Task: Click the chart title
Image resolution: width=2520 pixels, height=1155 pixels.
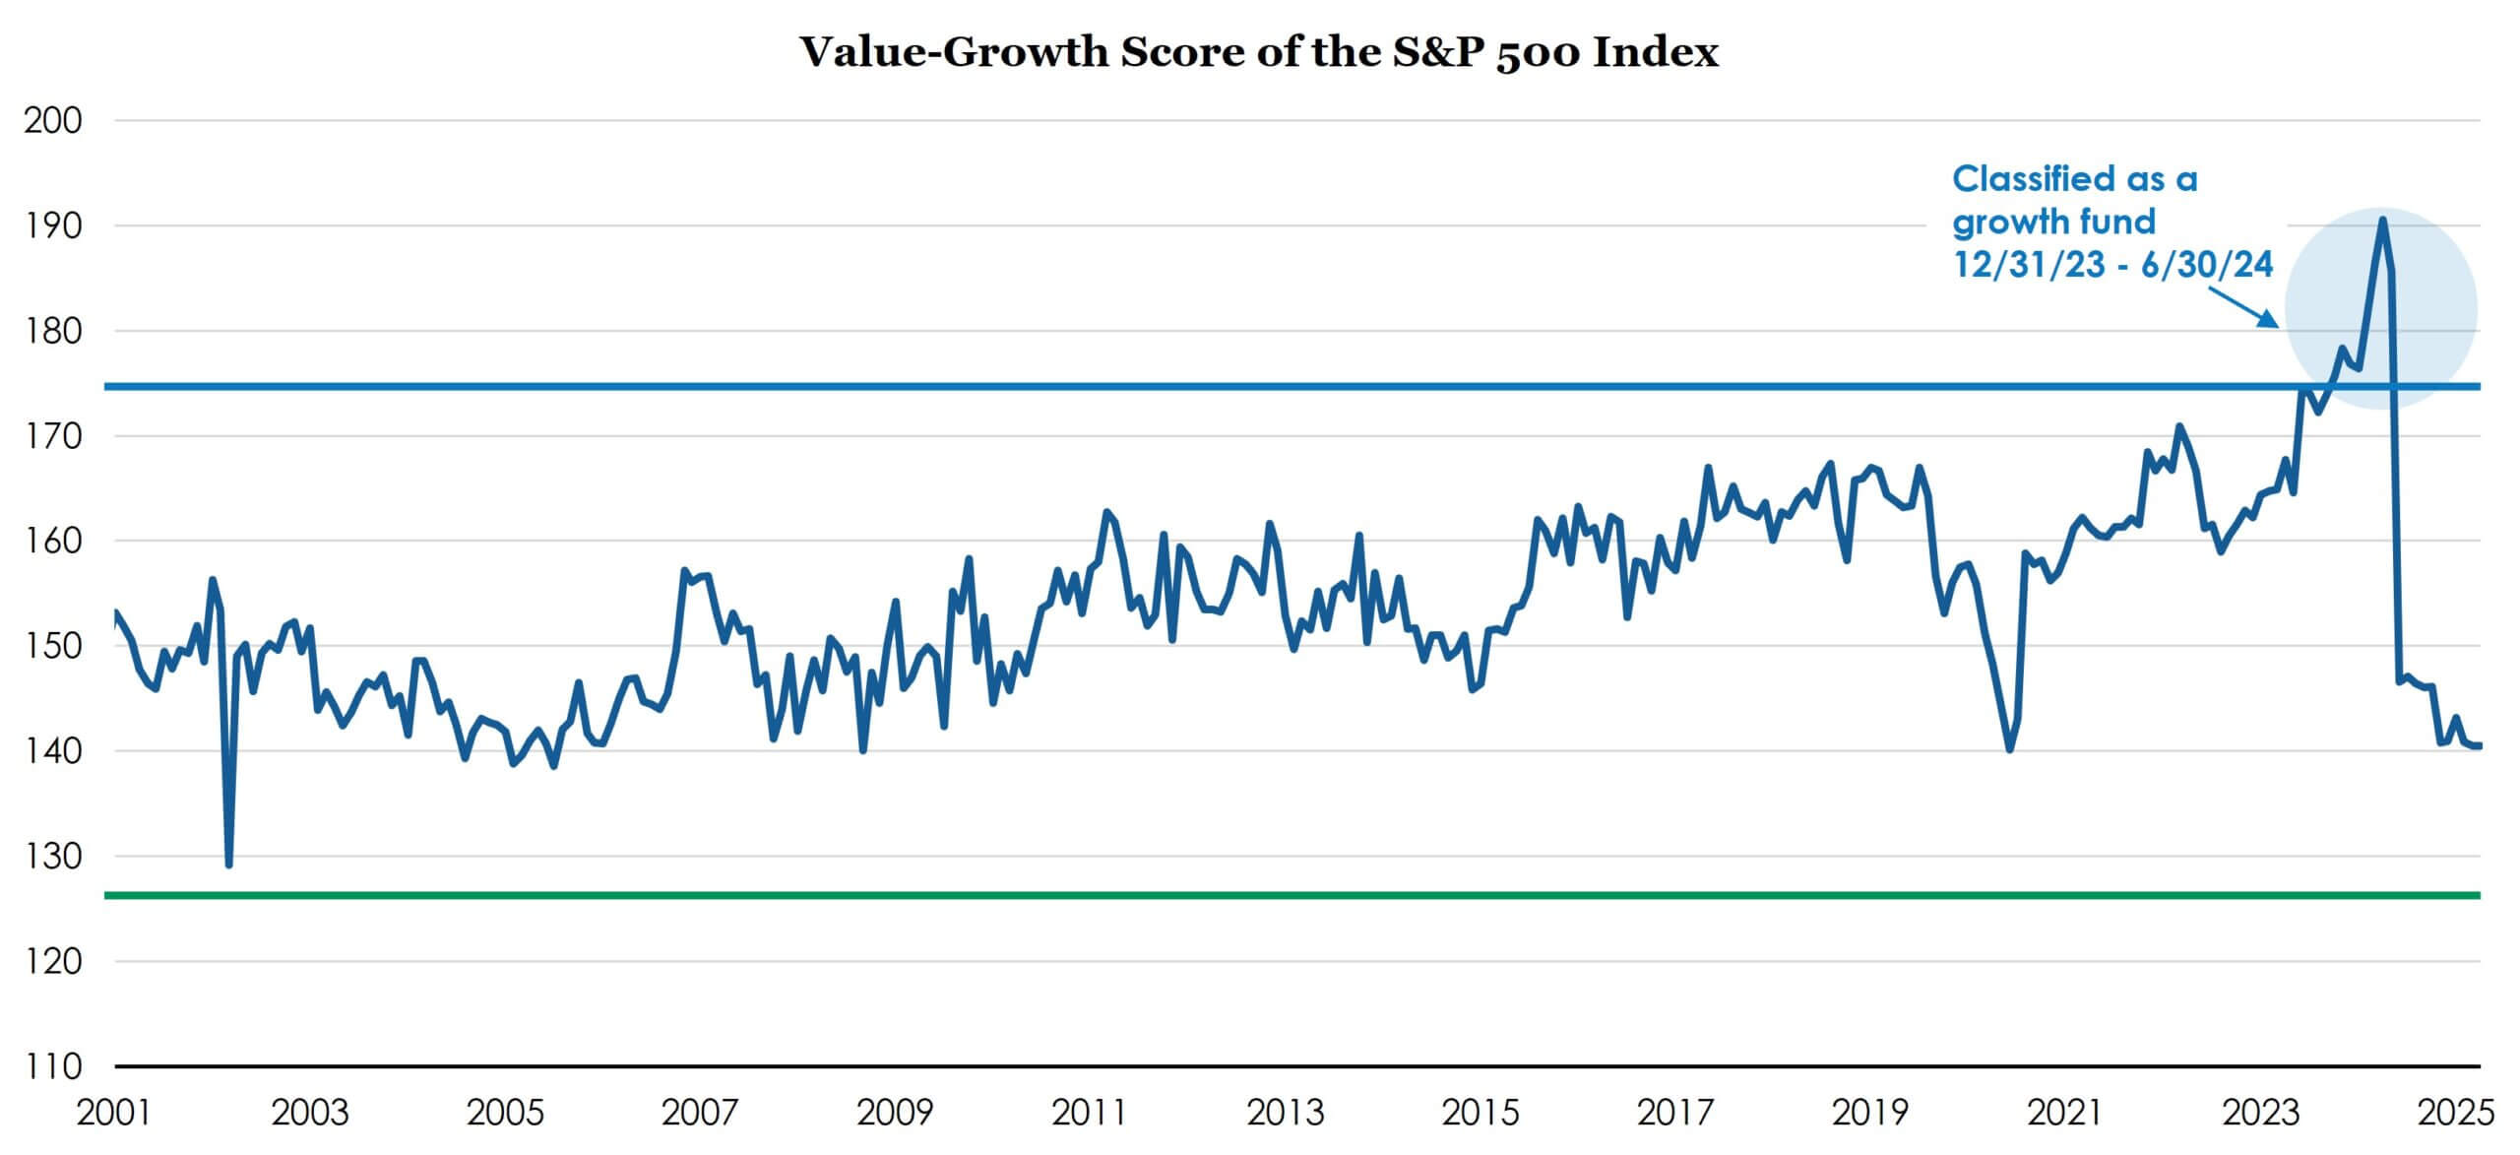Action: point(1258,52)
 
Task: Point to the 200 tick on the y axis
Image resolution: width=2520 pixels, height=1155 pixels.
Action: point(53,120)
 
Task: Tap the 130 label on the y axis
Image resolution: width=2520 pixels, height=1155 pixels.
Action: point(53,856)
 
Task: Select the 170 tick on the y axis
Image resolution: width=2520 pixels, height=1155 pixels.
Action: point(53,435)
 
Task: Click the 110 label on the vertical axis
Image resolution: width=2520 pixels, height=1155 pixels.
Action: point(53,1065)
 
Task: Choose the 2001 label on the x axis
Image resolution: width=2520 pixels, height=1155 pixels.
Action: point(114,1113)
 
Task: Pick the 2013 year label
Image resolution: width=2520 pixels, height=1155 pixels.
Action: point(1286,1113)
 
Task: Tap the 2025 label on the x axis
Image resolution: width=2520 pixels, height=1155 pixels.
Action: point(2456,1113)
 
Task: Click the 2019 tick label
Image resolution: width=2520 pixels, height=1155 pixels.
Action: point(1870,1113)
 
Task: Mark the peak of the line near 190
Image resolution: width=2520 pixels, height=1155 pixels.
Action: point(2381,220)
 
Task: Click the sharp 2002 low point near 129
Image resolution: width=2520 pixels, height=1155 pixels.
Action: point(228,865)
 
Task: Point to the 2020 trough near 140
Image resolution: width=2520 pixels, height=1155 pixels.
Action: point(2009,749)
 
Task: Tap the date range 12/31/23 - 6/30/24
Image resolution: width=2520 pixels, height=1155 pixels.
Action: point(2112,264)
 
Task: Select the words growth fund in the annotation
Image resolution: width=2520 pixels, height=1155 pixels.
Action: point(2053,222)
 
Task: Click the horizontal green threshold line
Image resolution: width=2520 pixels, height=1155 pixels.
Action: point(1280,895)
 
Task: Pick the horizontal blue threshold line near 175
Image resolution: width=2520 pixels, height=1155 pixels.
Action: point(1280,386)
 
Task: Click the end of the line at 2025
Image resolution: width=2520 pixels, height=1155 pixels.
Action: point(2478,745)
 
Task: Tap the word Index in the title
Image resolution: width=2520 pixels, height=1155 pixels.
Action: point(1656,52)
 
